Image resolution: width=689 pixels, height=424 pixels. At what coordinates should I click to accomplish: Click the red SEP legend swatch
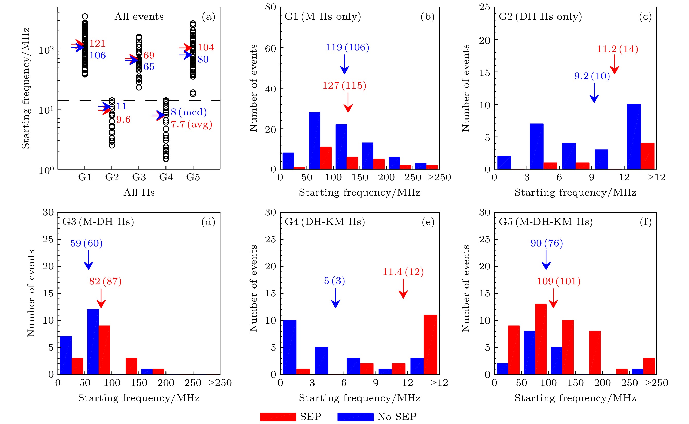click(x=278, y=417)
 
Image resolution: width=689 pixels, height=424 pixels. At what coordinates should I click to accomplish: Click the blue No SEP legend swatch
click(x=355, y=417)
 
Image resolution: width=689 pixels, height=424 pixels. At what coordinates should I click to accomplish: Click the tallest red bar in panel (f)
click(x=541, y=339)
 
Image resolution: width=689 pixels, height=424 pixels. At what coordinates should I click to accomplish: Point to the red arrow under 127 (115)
click(x=348, y=103)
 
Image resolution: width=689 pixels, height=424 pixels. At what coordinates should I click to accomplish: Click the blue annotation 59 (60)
click(x=86, y=243)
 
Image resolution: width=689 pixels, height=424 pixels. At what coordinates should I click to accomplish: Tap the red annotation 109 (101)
click(x=559, y=281)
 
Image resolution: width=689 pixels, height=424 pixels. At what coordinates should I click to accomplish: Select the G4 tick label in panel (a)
click(x=166, y=177)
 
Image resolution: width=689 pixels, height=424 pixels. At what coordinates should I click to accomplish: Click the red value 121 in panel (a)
click(x=97, y=44)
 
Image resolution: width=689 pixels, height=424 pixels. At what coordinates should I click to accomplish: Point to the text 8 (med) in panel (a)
click(x=189, y=112)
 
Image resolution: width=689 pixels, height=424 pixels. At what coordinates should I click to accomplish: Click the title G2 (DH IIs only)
click(x=540, y=16)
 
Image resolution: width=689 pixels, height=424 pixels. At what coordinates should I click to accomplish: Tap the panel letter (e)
click(x=428, y=222)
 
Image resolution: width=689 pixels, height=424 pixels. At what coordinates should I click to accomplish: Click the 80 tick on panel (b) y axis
click(x=271, y=7)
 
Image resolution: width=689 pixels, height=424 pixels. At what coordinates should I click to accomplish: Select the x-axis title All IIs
click(x=139, y=192)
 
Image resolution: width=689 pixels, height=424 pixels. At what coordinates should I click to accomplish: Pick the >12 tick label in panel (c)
click(x=656, y=177)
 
